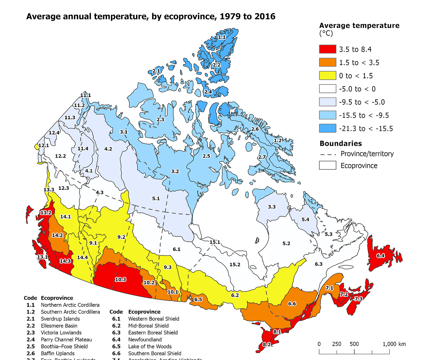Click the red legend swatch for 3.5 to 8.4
[328, 49]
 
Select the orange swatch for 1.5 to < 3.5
[328, 62]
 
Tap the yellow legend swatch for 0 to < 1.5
[328, 76]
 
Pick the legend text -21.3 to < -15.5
[366, 128]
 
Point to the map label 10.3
[120, 279]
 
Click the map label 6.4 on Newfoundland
[380, 256]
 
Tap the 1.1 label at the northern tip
[222, 37]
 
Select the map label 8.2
[267, 344]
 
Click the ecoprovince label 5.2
[286, 243]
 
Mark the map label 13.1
[42, 257]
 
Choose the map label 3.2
[175, 171]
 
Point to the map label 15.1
[215, 242]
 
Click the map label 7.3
[358, 299]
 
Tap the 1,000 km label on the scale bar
[394, 344]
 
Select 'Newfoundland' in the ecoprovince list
[145, 340]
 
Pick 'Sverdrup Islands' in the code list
[60, 319]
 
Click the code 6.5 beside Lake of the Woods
[116, 347]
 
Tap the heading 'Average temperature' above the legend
[359, 26]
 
